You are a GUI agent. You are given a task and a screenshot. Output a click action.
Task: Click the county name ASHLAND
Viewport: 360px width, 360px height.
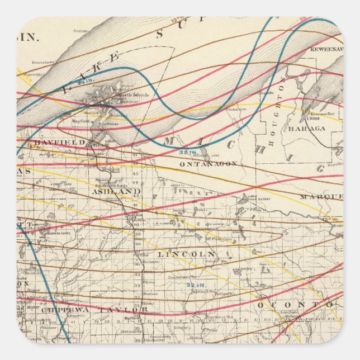(116, 191)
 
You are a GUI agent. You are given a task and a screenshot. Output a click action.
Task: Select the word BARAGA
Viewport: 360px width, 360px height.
(306, 128)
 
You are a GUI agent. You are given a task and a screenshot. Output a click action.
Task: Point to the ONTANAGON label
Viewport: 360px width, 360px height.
(209, 164)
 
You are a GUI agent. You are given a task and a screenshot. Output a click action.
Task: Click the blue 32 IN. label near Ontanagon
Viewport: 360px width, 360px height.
(188, 152)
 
